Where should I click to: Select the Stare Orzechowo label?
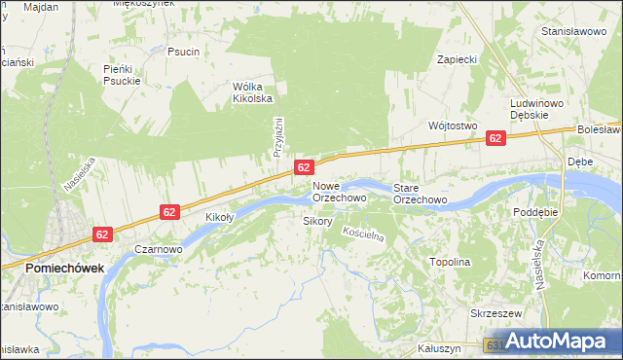(x=420, y=193)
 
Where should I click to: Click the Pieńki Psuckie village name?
(x=123, y=75)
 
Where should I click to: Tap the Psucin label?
(x=183, y=52)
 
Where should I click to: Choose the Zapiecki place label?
(x=457, y=59)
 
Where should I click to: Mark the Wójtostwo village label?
(x=452, y=126)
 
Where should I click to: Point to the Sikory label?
(x=318, y=222)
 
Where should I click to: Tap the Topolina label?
(x=450, y=263)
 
